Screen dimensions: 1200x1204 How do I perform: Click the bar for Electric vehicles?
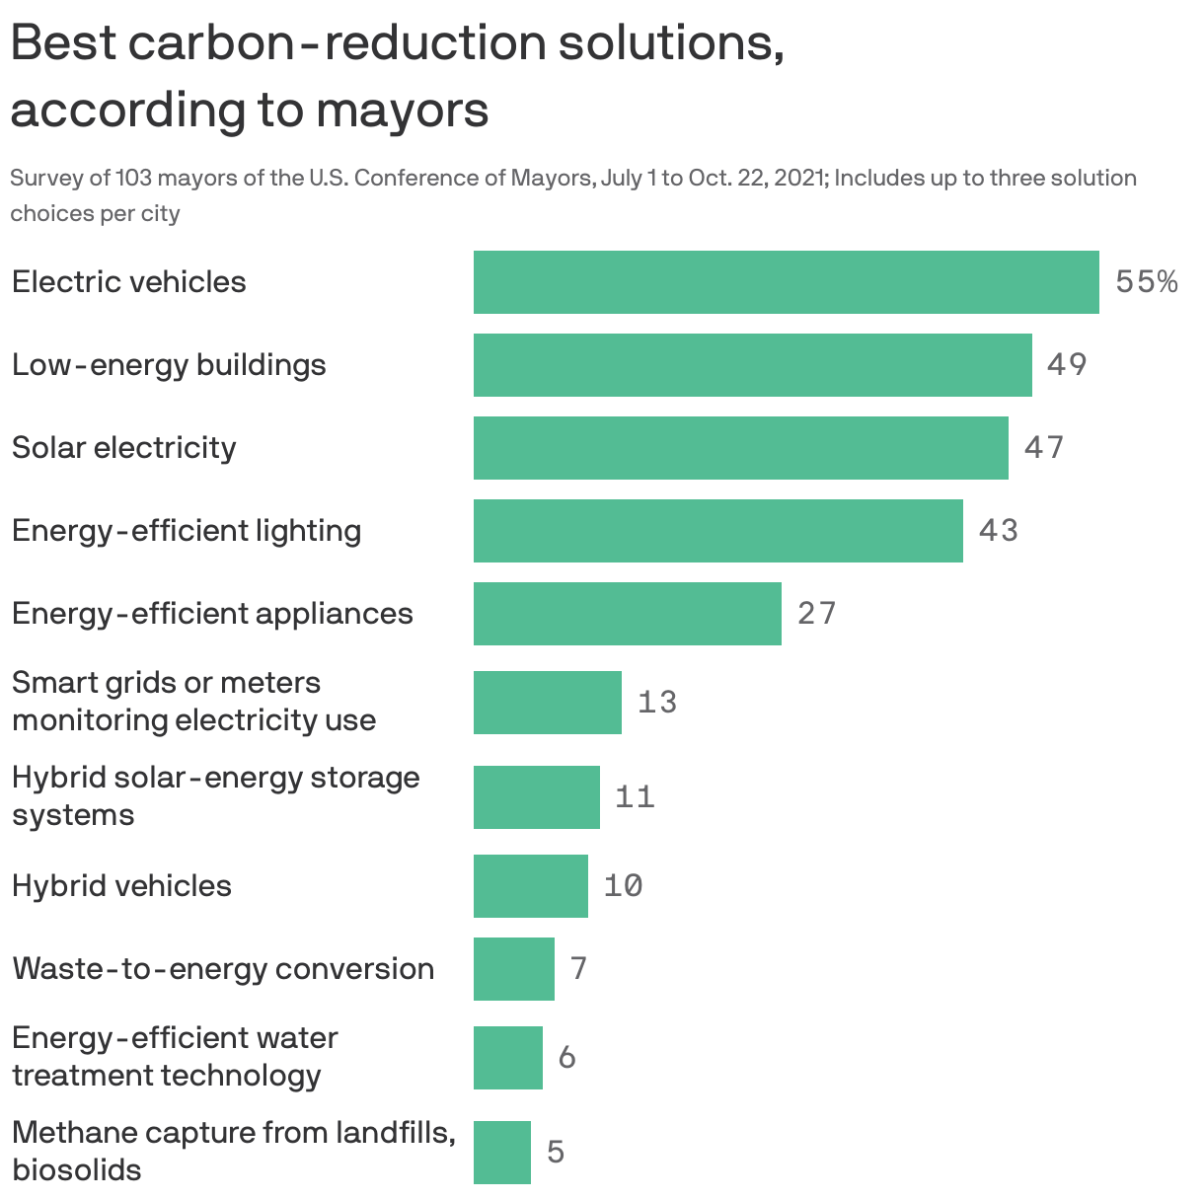coord(786,282)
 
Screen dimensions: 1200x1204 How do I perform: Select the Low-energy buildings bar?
coord(752,365)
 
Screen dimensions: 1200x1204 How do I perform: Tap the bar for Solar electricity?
coord(740,448)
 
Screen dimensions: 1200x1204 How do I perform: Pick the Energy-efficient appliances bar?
coord(627,614)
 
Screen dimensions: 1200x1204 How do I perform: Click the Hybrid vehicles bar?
coord(530,886)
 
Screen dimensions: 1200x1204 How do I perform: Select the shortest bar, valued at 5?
coord(501,1153)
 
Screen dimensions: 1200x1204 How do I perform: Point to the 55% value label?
coord(1146,282)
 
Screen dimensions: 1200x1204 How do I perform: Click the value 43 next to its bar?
coord(998,531)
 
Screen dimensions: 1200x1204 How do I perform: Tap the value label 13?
coord(657,703)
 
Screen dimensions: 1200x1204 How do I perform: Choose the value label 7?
coord(578,969)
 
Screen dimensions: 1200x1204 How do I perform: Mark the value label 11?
coord(635,797)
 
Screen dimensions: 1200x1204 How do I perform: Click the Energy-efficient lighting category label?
coord(187,531)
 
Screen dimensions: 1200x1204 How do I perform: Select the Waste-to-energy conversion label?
coord(223,969)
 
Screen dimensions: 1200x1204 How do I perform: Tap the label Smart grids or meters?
coord(166,683)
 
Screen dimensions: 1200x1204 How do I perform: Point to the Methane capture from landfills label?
coord(233,1133)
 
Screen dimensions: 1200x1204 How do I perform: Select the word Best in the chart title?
coord(61,43)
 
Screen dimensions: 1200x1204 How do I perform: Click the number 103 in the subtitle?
coord(134,179)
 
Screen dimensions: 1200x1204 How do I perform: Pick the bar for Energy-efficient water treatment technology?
coord(507,1058)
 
